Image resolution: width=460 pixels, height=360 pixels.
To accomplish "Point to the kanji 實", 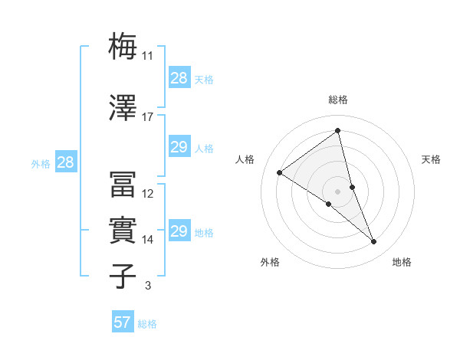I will click(123, 230).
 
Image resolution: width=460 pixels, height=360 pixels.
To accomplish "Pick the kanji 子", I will click(123, 275).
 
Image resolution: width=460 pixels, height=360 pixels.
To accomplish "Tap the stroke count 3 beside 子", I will click(147, 286).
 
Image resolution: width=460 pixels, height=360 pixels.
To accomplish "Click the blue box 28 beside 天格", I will click(179, 78).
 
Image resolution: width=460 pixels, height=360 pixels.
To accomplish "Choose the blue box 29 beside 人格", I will click(179, 148).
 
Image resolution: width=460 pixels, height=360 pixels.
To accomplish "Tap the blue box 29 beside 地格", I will click(179, 232).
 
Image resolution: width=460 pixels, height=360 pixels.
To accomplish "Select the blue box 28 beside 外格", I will click(65, 162).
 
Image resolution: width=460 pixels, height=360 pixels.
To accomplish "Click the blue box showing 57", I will click(123, 322).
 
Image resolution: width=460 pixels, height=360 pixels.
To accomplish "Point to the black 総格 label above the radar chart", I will click(337, 100).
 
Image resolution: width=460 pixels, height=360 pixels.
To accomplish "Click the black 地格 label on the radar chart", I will click(402, 262).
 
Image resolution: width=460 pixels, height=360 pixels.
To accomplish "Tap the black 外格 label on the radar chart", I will click(270, 262).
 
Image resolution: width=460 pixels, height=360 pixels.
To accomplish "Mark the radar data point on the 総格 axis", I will click(337, 130).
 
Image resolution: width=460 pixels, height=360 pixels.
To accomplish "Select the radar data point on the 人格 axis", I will click(280, 172).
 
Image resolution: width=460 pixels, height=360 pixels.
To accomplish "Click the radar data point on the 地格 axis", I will click(373, 241).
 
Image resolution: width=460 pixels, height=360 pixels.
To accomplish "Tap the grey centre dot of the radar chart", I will click(337, 191).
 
